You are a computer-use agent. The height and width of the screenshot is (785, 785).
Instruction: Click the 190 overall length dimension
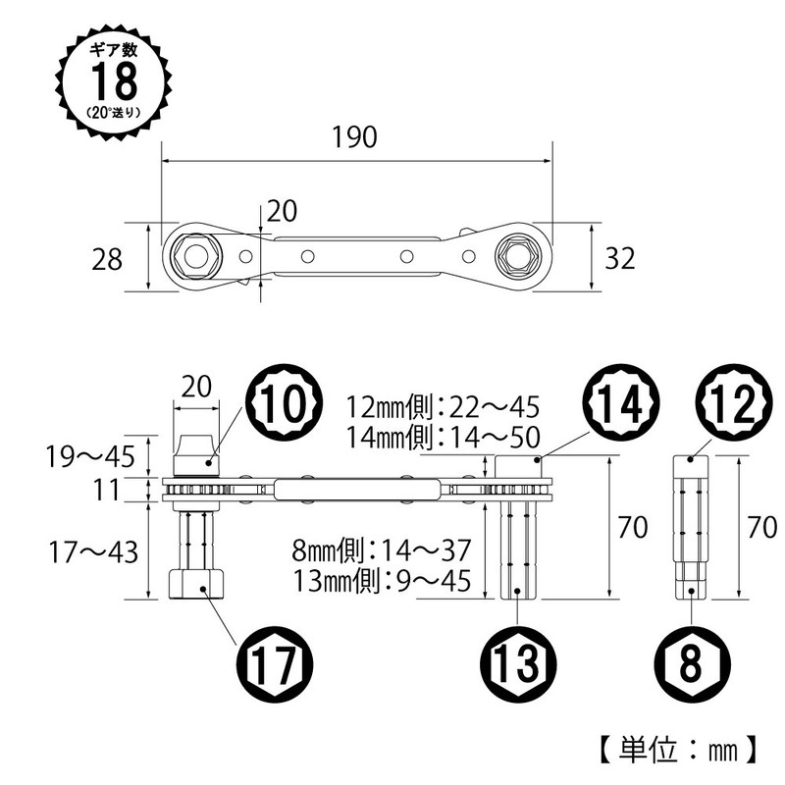(x=354, y=137)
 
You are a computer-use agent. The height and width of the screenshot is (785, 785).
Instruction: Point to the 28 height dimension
(x=107, y=259)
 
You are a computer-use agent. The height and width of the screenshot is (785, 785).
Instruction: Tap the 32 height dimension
(x=620, y=258)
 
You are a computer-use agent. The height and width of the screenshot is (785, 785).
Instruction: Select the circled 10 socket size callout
(x=284, y=403)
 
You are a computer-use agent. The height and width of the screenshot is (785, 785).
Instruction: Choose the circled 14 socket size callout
(x=622, y=403)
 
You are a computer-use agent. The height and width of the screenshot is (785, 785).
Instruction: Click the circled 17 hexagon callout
(x=274, y=665)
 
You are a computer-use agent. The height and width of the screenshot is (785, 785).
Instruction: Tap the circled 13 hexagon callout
(x=519, y=664)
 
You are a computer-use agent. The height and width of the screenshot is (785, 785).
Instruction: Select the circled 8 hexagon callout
(x=692, y=664)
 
